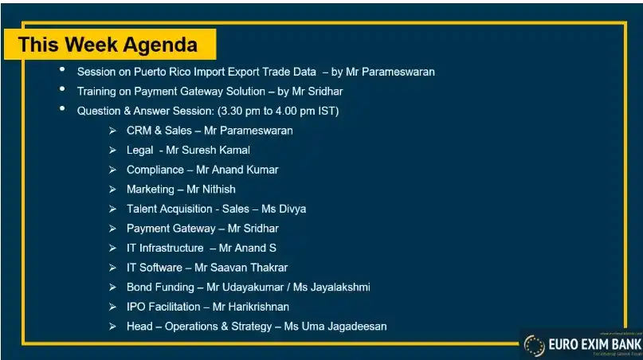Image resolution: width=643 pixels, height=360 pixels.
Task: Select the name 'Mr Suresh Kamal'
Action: [208, 150]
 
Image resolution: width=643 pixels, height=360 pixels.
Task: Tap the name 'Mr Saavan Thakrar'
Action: [241, 268]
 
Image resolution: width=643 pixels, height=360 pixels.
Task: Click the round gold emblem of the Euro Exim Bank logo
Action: [533, 345]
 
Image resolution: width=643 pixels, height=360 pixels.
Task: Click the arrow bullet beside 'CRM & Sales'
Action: [112, 131]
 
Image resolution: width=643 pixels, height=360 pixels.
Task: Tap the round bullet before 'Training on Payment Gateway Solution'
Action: [62, 90]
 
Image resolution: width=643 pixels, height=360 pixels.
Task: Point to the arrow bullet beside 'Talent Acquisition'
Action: [112, 209]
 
